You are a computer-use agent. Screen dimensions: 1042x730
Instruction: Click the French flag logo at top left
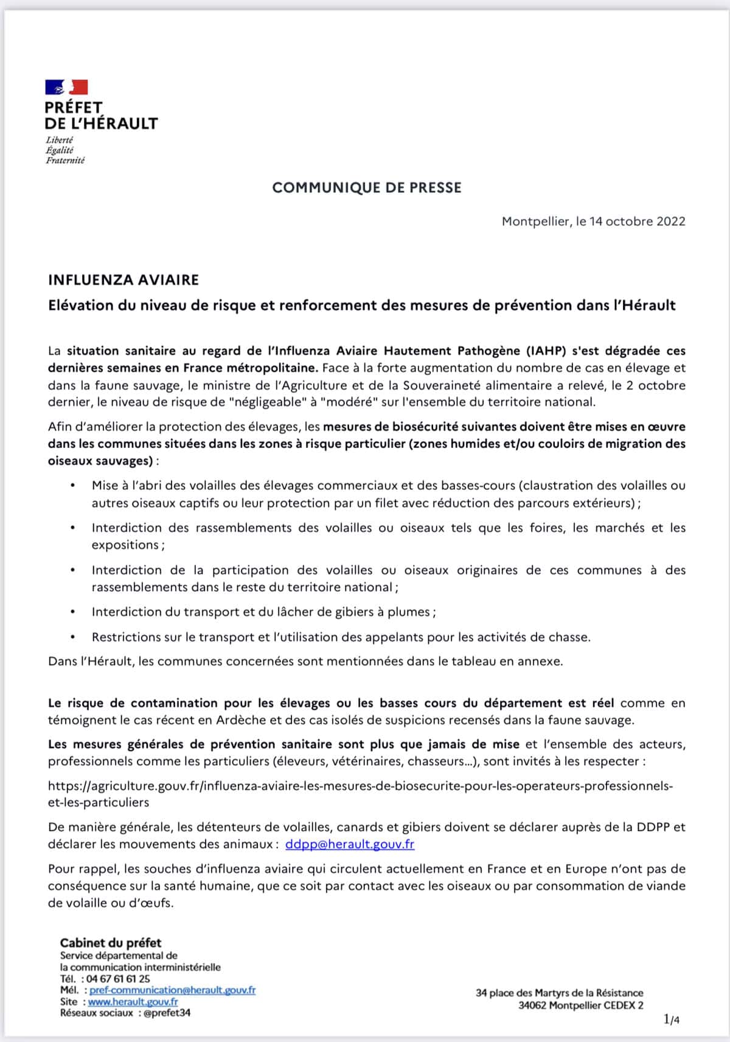coord(67,87)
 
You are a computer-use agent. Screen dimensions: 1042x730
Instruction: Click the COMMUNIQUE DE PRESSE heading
coord(367,187)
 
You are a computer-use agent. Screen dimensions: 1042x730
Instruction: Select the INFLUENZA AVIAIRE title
coord(123,280)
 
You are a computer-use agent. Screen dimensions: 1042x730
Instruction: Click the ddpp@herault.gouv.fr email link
coord(350,844)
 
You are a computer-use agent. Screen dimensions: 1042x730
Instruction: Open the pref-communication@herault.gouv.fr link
coord(173,990)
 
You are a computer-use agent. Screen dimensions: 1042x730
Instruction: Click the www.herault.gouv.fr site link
coord(133,1002)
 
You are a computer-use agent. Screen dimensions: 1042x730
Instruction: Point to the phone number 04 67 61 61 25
coord(118,979)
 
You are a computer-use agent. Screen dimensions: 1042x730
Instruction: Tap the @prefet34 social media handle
coord(167,1013)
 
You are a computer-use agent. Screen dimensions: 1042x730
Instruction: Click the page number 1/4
coord(672,1019)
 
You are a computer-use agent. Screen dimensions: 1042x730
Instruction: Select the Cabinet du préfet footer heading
coord(111,943)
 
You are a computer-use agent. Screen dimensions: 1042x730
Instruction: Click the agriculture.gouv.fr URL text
coord(360,786)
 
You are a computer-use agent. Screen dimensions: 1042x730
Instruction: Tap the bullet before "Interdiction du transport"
coord(73,612)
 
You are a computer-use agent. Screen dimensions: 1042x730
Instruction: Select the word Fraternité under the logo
coord(65,161)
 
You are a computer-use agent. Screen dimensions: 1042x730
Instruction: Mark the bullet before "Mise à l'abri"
coord(73,486)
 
